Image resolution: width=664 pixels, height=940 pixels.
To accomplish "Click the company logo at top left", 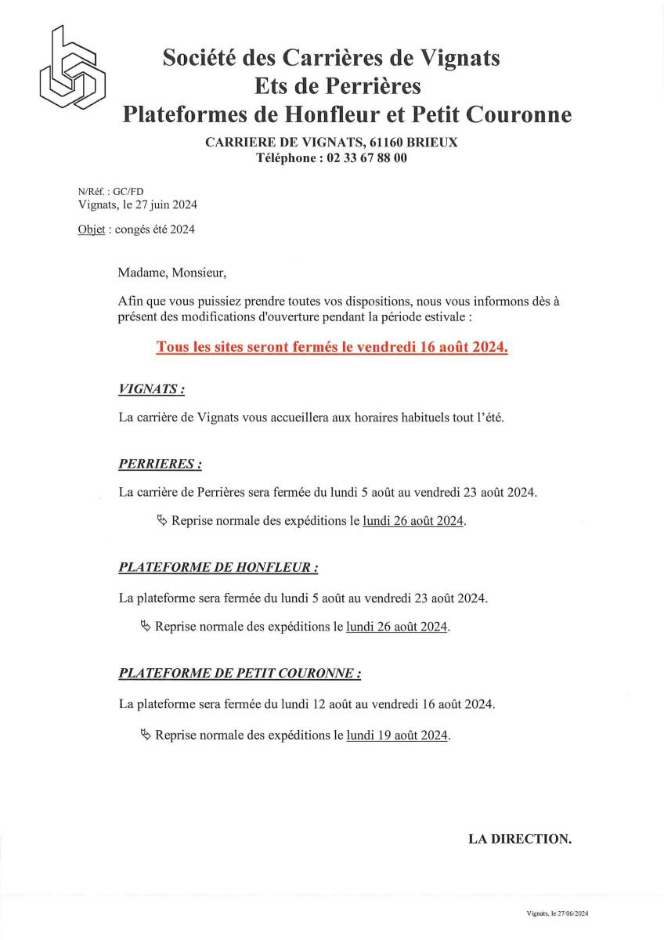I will click(x=73, y=69).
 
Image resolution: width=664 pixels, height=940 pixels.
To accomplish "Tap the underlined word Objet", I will click(x=92, y=230).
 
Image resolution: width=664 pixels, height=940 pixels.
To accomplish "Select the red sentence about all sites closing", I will click(x=332, y=346).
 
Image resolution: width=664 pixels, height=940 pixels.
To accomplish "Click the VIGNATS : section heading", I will click(x=152, y=389).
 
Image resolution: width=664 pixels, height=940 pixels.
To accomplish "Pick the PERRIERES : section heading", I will click(x=160, y=464).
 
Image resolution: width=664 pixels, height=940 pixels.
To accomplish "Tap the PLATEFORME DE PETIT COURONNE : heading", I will click(x=240, y=673).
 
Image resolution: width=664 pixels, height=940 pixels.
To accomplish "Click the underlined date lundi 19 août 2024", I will click(x=398, y=736).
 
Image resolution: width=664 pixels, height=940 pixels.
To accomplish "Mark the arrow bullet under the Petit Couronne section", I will click(x=146, y=735).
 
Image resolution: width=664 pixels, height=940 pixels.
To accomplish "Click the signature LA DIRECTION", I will click(x=520, y=839).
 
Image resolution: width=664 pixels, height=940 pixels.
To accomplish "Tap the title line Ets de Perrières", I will click(x=337, y=85).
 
